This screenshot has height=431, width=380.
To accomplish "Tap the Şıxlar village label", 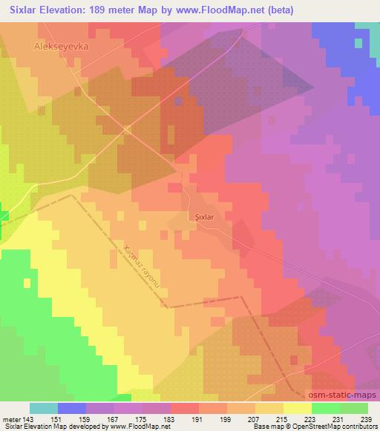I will coord(203,218).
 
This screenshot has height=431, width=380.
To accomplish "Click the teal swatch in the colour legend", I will coord(44,408).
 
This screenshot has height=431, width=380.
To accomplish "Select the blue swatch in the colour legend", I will coord(72,408).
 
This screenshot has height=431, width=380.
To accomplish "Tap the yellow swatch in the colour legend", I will coord(297,408).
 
